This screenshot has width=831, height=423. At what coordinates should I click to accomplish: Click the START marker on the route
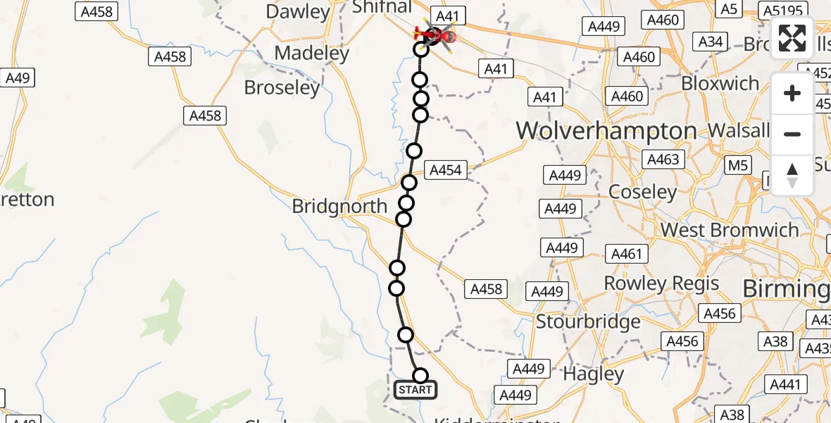[415, 390]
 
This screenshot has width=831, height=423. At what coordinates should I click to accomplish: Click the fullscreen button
[792, 39]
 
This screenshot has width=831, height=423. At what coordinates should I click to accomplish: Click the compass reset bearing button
[792, 176]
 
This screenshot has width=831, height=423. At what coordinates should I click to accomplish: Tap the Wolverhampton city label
[606, 131]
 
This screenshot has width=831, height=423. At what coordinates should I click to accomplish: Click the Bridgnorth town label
[339, 207]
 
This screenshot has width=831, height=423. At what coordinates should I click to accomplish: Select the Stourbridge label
[588, 322]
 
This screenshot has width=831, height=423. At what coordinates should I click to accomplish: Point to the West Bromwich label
[730, 230]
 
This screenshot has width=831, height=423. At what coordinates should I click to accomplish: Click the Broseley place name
[282, 87]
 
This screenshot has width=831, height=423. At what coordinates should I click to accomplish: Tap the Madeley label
[312, 53]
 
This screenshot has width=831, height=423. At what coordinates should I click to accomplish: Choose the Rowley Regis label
[661, 283]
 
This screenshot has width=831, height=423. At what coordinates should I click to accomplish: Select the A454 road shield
[445, 170]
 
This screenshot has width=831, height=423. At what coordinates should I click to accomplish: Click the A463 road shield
[663, 160]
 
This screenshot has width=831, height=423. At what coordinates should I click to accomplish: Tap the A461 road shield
[626, 254]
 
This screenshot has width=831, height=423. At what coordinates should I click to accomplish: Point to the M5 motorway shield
[738, 166]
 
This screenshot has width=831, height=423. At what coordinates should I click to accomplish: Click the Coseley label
[642, 192]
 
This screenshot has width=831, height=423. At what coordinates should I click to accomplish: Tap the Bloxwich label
[720, 83]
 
